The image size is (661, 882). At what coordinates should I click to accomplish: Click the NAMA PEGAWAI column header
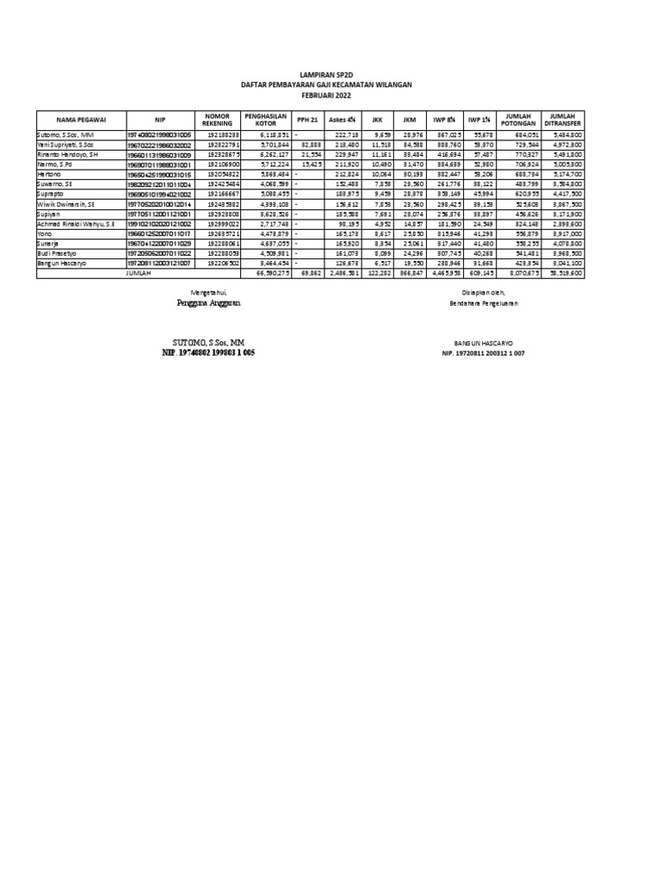tap(80, 121)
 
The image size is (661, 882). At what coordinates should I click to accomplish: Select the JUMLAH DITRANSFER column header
tap(561, 121)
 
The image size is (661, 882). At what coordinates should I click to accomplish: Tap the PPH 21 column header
tap(306, 121)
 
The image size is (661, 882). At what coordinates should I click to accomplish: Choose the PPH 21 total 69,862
tap(310, 273)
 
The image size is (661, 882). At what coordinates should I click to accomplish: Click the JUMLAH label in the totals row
tap(139, 273)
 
